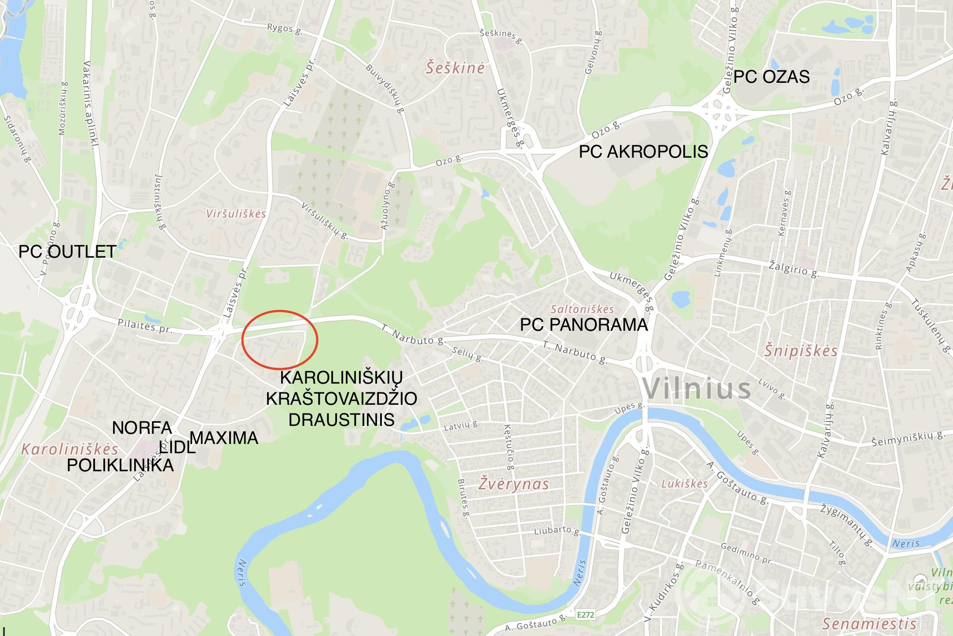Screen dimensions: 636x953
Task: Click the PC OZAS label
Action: coord(771,77)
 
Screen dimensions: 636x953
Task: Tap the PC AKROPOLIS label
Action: coord(643,152)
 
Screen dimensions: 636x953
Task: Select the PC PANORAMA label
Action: coord(584,325)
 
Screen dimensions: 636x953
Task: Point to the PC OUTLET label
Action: coord(67,252)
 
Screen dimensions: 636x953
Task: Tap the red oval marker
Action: coord(280,340)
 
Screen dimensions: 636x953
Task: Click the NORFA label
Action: coord(142,428)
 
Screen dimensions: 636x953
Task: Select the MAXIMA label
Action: coord(224,438)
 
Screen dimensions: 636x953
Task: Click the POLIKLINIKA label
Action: coord(120,466)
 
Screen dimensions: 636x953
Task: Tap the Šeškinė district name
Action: coord(455,68)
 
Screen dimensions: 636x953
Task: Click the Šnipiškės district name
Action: coord(800,351)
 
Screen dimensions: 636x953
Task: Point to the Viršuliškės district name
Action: coord(236,214)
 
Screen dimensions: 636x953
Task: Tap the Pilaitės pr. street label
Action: coord(144,326)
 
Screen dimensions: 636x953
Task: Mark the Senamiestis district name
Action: coord(869,624)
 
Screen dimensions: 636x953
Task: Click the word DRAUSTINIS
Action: coord(341,419)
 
